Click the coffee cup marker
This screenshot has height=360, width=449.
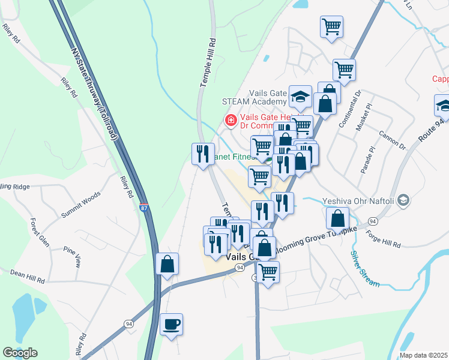(171, 325)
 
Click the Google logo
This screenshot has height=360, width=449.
(20, 353)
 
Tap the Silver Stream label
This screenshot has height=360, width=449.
(364, 268)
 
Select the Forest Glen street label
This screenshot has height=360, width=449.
(39, 236)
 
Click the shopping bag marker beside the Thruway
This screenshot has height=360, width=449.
(167, 263)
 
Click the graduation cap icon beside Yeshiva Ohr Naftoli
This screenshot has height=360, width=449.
(403, 200)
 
